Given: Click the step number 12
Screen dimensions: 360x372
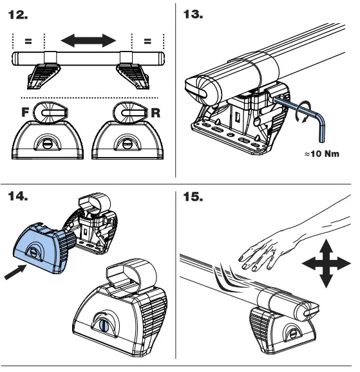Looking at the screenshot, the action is pyautogui.click(x=18, y=15).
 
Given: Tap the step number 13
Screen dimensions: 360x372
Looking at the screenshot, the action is pyautogui.click(x=193, y=14).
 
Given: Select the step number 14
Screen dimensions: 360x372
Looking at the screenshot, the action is pyautogui.click(x=18, y=196).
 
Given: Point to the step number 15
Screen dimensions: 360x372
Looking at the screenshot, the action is pyautogui.click(x=193, y=197).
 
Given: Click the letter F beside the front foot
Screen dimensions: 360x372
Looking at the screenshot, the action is pyautogui.click(x=25, y=112).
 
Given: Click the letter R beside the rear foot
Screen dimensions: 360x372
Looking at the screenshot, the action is pyautogui.click(x=156, y=113).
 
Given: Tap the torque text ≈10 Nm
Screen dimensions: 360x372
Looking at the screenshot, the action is pyautogui.click(x=322, y=154).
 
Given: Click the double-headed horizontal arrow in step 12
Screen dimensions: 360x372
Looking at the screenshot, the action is pyautogui.click(x=88, y=41).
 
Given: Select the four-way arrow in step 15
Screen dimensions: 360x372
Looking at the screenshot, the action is pyautogui.click(x=327, y=264).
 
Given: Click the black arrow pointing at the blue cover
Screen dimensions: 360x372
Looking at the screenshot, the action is pyautogui.click(x=15, y=272).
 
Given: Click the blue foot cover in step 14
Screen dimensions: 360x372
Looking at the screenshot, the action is pyautogui.click(x=43, y=248).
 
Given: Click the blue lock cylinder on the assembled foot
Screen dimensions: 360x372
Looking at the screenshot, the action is pyautogui.click(x=104, y=326).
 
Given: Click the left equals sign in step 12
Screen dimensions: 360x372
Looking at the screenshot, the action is pyautogui.click(x=28, y=41).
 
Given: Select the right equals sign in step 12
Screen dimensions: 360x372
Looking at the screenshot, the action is pyautogui.click(x=147, y=41).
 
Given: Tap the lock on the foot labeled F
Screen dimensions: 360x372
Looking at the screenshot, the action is pyautogui.click(x=47, y=144).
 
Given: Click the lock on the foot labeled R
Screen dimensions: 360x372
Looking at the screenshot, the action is pyautogui.click(x=127, y=144).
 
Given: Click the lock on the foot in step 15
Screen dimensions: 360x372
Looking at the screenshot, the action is pyautogui.click(x=294, y=334).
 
